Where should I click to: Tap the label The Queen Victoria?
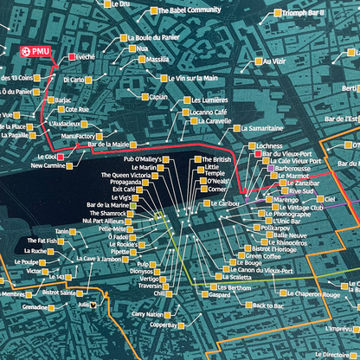tap(128, 175)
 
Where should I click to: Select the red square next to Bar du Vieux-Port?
tap(257, 154)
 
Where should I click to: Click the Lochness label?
tap(269, 146)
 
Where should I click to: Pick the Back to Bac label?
tap(267, 305)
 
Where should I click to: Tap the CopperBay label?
tap(162, 326)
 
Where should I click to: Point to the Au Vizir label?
tap(273, 61)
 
